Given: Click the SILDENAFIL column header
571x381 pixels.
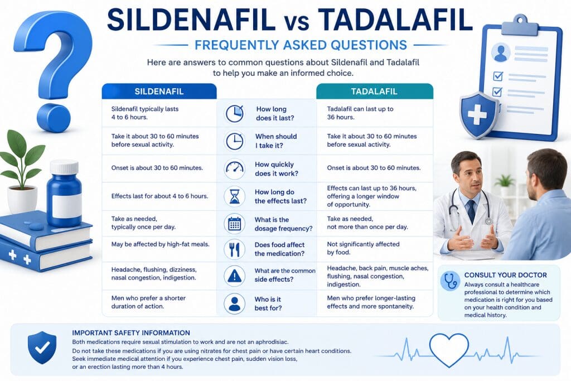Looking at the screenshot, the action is pos(159,91).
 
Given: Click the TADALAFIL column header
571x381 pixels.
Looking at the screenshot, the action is pos(374,91).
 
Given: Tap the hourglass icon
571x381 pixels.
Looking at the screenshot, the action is pos(235,196).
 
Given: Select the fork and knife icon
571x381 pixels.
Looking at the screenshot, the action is pos(235,249).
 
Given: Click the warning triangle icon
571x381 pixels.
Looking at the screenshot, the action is pos(235,276).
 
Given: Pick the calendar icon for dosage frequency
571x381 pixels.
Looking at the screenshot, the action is pos(235,224).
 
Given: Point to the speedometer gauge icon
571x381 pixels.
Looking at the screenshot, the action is pos(235,168).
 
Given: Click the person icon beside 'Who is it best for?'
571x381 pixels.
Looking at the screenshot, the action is pos(235,303).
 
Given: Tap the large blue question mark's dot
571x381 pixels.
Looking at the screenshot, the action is pos(54,118).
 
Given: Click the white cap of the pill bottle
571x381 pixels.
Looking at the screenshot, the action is pos(64,167).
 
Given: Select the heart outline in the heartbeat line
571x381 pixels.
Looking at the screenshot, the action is pos(449,349).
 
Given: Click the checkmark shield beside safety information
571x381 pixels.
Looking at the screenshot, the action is pos(42,348).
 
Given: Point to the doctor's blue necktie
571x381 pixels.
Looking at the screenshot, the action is pos(471,211).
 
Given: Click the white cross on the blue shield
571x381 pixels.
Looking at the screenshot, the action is pos(477,115).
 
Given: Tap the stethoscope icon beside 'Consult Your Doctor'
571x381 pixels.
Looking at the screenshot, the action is pos(451,281).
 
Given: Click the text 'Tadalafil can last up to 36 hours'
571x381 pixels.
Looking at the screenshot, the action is pos(360,113).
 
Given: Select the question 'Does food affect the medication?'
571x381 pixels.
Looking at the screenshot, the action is pos(279,249).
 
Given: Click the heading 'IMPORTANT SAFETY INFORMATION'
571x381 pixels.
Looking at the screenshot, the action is pos(131,332).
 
